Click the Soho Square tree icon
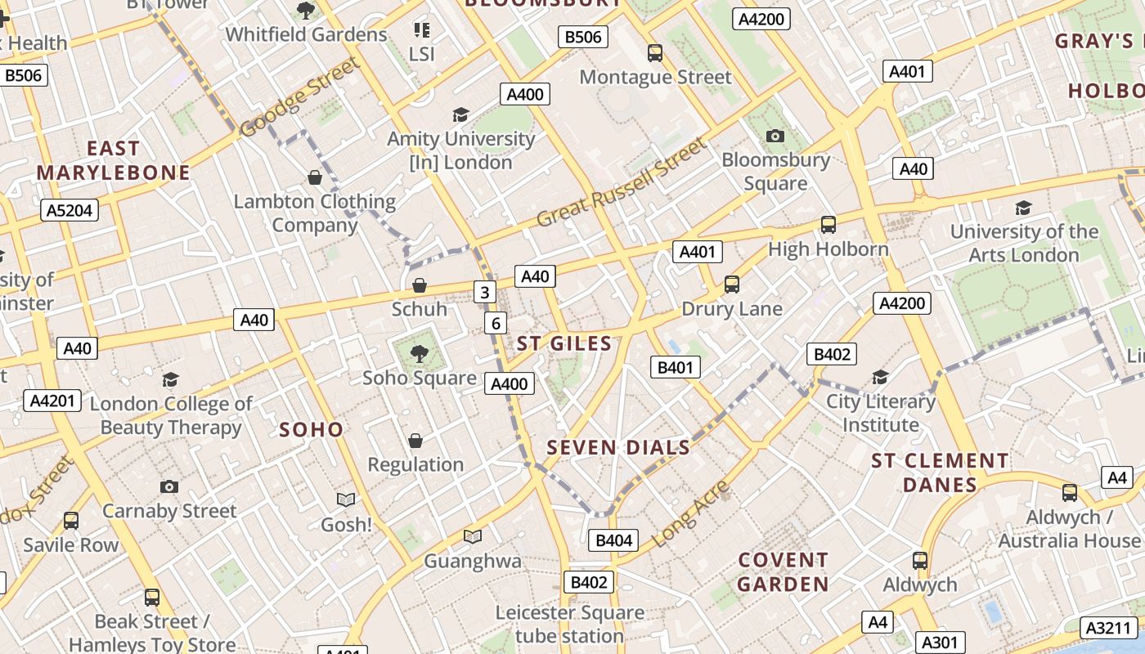pyautogui.click(x=420, y=354)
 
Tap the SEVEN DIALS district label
pyautogui.click(x=618, y=448)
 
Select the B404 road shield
pyautogui.click(x=613, y=540)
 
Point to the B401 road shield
pyautogui.click(x=676, y=368)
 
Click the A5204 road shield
pyautogui.click(x=70, y=210)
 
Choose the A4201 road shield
pyautogui.click(x=53, y=401)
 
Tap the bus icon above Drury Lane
pyautogui.click(x=732, y=284)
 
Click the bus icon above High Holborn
pyautogui.click(x=828, y=225)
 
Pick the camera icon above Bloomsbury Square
pyautogui.click(x=775, y=136)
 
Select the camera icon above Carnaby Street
pyautogui.click(x=169, y=487)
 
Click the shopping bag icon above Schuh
pyautogui.click(x=420, y=285)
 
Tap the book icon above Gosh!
pyautogui.click(x=346, y=499)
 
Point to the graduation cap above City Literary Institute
pyautogui.click(x=880, y=377)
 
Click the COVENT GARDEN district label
pyautogui.click(x=784, y=572)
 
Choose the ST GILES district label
pyautogui.click(x=564, y=343)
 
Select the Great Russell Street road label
pyautogui.click(x=622, y=183)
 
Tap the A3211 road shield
pyautogui.click(x=1108, y=628)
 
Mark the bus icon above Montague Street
pyautogui.click(x=655, y=53)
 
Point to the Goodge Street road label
pyautogui.click(x=300, y=96)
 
